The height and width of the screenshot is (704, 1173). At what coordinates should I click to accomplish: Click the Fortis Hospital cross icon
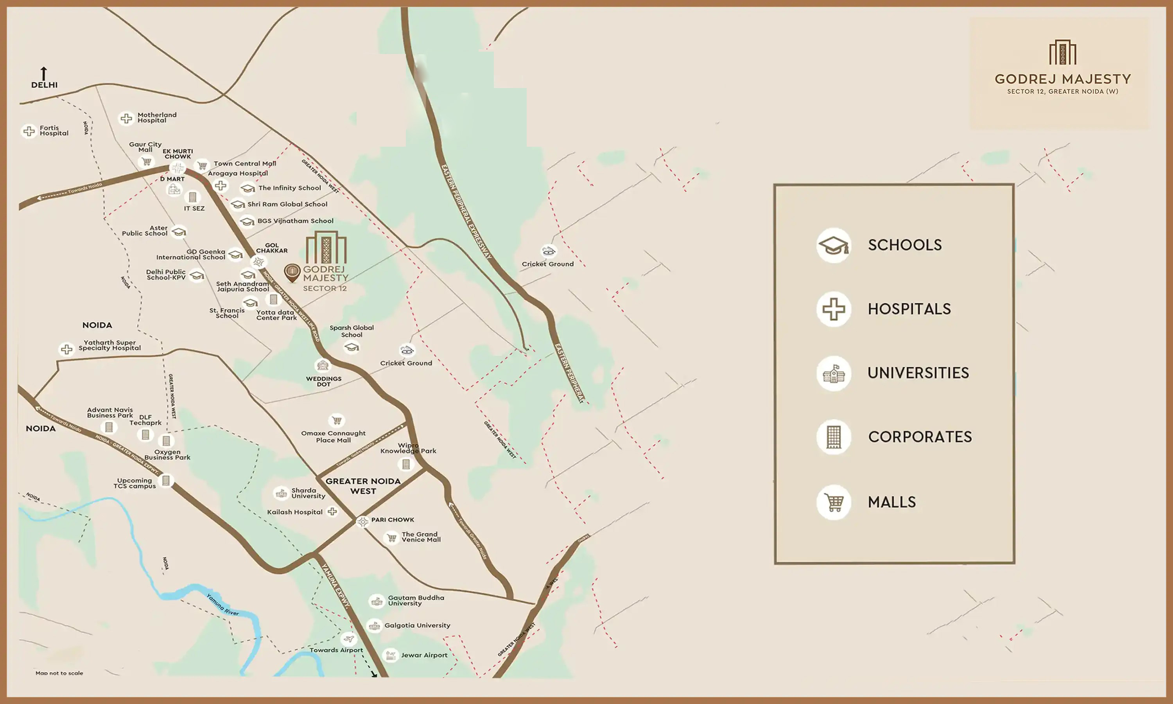click(29, 131)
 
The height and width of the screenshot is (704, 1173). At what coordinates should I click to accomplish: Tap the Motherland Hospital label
click(156, 118)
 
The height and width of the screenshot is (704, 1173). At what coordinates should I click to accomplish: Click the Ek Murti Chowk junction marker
click(178, 168)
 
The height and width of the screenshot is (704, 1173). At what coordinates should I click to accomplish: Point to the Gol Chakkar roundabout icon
click(258, 261)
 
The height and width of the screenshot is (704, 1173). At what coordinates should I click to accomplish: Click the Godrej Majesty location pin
click(292, 272)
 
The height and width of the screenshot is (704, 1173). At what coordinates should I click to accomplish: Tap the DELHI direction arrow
click(44, 74)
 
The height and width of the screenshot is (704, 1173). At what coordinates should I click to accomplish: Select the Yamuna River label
click(222, 605)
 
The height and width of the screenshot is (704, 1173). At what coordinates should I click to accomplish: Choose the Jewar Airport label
click(424, 655)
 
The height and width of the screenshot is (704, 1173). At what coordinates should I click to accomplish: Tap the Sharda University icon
click(281, 493)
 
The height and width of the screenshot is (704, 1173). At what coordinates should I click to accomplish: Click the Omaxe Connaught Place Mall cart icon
click(337, 420)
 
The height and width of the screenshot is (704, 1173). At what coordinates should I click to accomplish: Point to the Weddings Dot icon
click(323, 365)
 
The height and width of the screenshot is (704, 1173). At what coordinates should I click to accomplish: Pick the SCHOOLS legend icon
click(834, 245)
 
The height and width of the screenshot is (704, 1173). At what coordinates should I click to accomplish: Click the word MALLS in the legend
click(891, 502)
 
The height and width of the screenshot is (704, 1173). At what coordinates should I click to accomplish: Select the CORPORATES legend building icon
click(834, 437)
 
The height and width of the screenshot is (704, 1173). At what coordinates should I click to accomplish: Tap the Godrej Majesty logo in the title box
click(1062, 52)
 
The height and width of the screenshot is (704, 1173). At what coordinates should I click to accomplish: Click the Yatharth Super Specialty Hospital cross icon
click(67, 349)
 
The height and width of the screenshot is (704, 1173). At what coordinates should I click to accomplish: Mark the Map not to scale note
click(59, 673)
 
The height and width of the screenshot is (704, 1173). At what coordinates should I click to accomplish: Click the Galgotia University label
click(417, 625)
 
